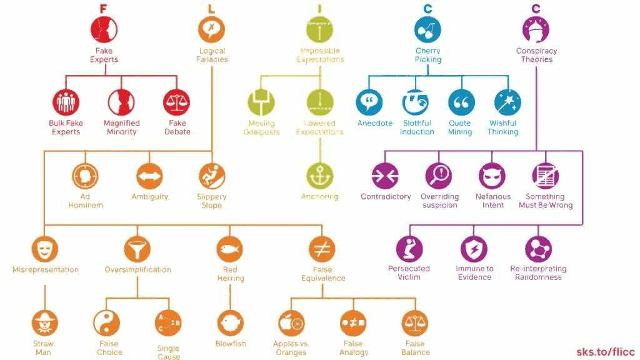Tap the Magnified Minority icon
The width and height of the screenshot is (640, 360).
click(121, 102)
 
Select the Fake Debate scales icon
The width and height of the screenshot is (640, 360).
click(177, 102)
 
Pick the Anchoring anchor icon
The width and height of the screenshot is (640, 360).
click(319, 176)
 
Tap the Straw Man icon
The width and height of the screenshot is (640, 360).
click(44, 323)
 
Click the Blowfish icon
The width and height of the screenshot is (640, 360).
click(230, 323)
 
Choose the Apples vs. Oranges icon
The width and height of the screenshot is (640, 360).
click(291, 323)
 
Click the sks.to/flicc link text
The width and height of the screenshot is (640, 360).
click(604, 352)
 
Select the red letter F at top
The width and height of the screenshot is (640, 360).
click(104, 9)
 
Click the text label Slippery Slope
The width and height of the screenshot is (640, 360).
click(211, 201)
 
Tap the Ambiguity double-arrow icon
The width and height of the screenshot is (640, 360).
click(149, 176)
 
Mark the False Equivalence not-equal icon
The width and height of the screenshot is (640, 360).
click(322, 250)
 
